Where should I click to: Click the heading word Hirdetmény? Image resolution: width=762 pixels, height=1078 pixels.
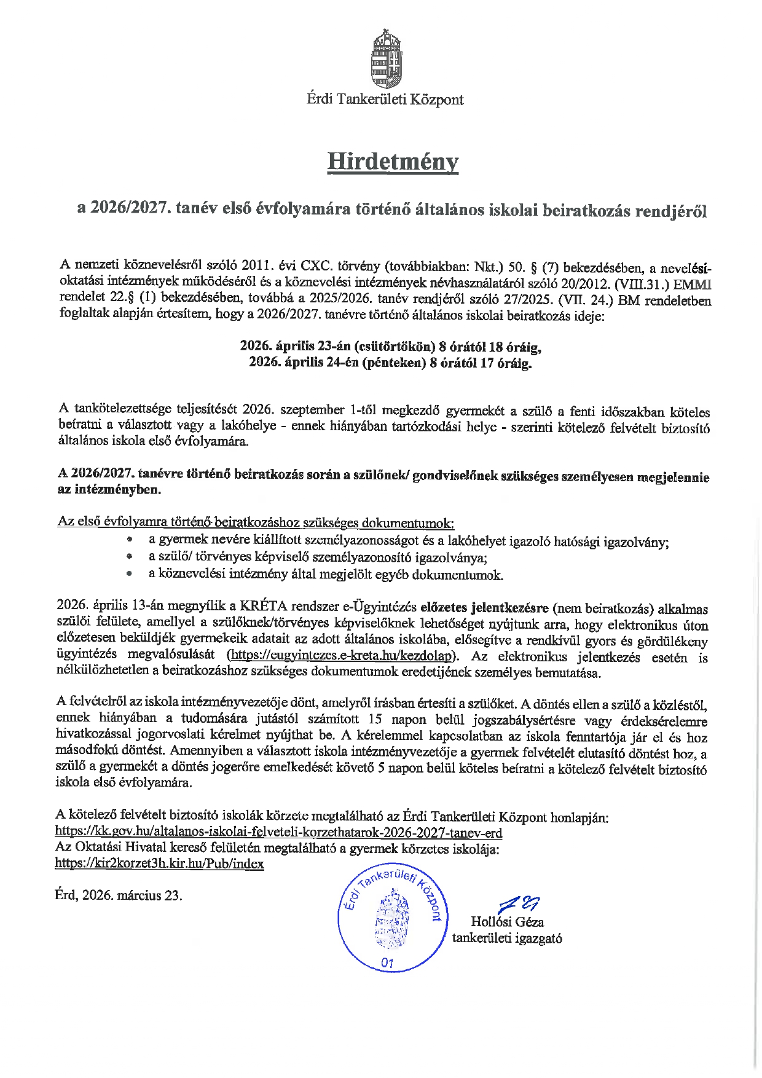393,162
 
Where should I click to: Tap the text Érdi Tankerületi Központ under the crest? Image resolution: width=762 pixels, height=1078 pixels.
385,100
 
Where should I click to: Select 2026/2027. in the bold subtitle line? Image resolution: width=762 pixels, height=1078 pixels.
130,210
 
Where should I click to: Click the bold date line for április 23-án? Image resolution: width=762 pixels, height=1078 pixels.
390,347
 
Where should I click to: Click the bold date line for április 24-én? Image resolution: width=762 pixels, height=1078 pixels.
390,363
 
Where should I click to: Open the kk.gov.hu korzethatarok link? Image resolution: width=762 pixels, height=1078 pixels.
278,833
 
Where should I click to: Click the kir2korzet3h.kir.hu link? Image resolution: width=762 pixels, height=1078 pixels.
159,864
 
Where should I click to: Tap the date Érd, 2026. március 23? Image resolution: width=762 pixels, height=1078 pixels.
118,895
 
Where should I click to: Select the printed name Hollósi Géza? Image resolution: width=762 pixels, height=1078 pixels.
507,922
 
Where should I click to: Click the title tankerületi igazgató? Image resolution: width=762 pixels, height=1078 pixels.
507,938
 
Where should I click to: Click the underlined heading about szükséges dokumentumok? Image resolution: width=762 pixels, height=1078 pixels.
256,522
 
